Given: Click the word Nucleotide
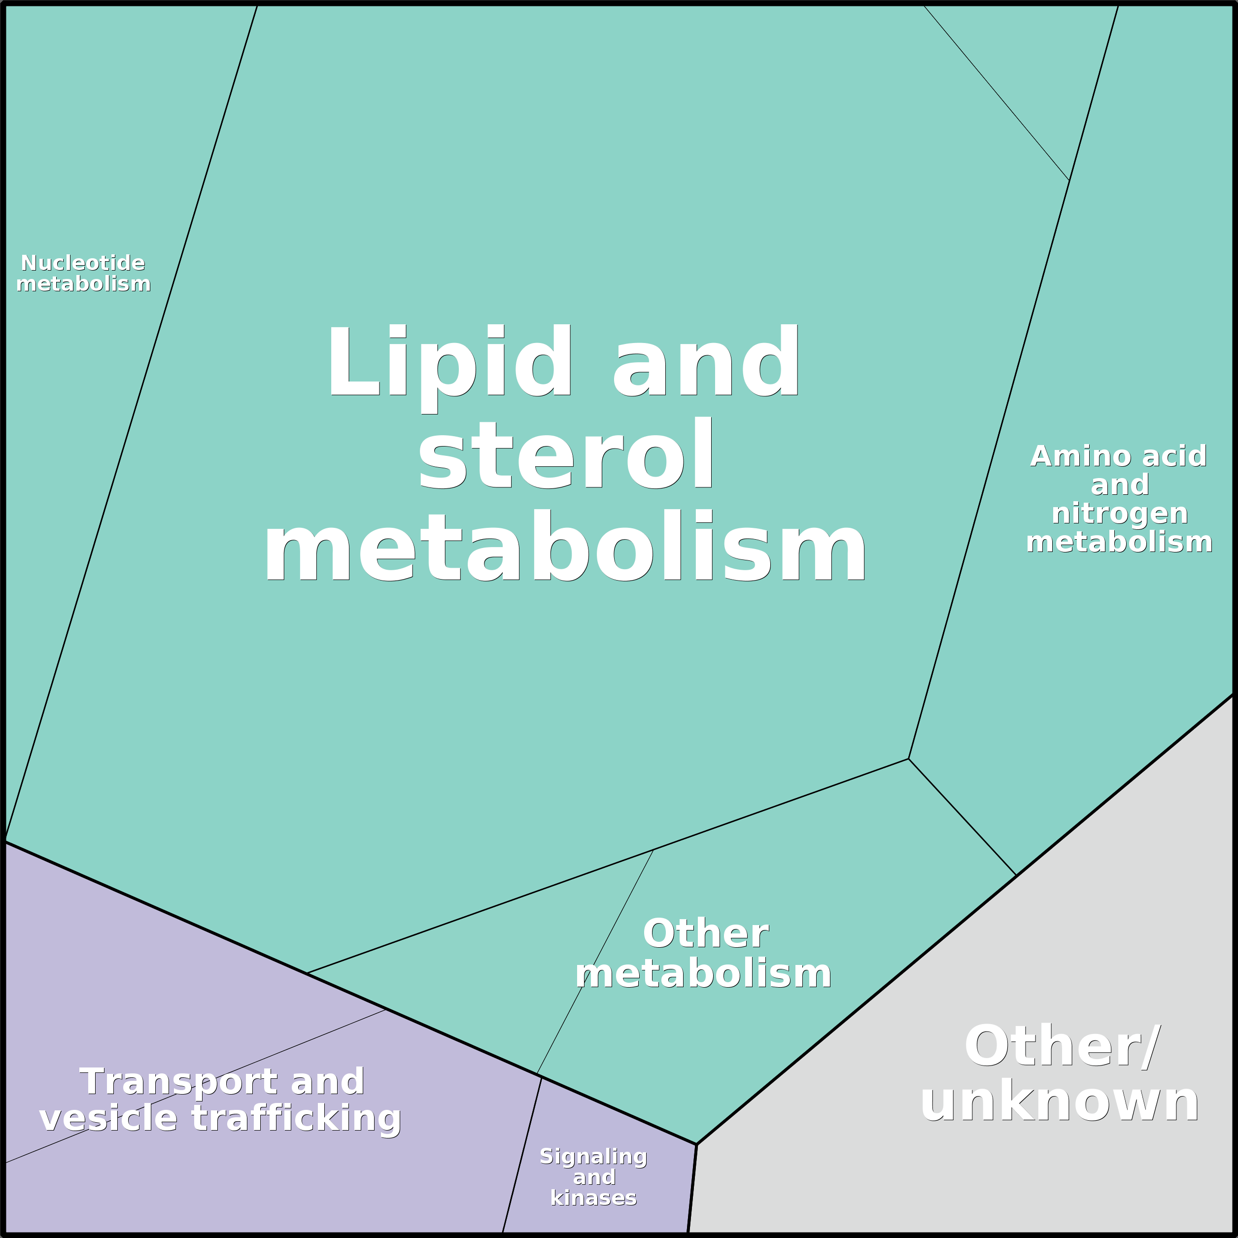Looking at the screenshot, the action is click(83, 263).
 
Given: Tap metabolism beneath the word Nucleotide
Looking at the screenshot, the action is click(83, 284).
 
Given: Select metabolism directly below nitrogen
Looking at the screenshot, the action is click(1119, 542).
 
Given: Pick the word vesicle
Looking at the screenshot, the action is click(108, 1118).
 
